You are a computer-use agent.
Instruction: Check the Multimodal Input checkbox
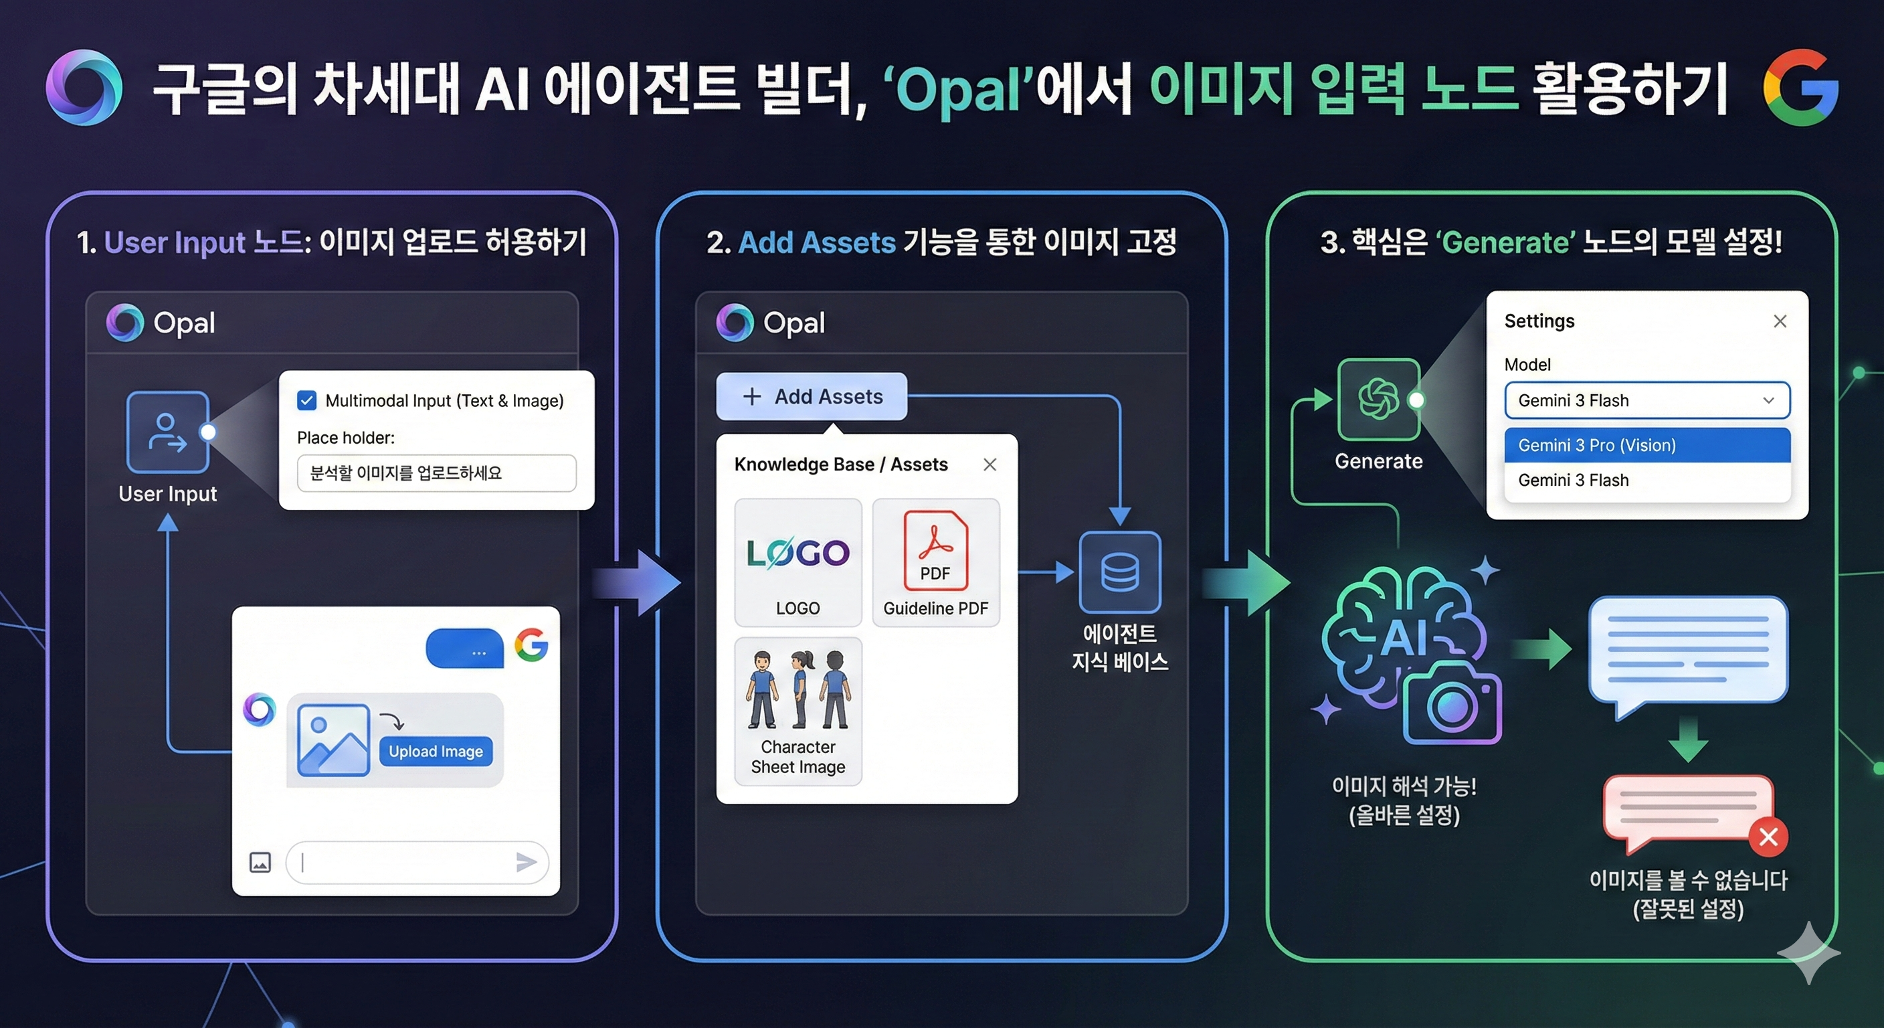coord(306,400)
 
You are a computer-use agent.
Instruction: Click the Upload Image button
coord(436,752)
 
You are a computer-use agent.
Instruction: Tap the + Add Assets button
coord(812,397)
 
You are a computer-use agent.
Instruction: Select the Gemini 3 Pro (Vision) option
coord(1647,445)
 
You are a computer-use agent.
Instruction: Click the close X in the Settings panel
coord(1780,321)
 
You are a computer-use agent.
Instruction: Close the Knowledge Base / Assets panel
coord(990,464)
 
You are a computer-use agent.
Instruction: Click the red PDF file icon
coord(935,550)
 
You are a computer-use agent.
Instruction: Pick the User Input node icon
coord(167,432)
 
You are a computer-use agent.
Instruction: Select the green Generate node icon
coord(1379,400)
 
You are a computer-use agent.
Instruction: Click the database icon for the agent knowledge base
coord(1120,572)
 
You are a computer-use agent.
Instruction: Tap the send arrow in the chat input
coord(526,862)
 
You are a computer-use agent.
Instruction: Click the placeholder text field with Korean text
coord(437,473)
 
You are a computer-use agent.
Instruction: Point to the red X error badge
coord(1768,837)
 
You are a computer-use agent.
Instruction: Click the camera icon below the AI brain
coord(1452,705)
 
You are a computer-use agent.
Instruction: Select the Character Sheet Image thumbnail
coord(798,709)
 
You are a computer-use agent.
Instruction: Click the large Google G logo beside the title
coord(1800,88)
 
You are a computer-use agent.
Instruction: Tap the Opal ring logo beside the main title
coord(84,88)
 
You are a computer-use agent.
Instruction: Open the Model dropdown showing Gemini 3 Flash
coord(1647,400)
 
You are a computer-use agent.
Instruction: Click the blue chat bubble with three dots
coord(465,649)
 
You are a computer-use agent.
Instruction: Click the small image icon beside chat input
coord(260,863)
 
